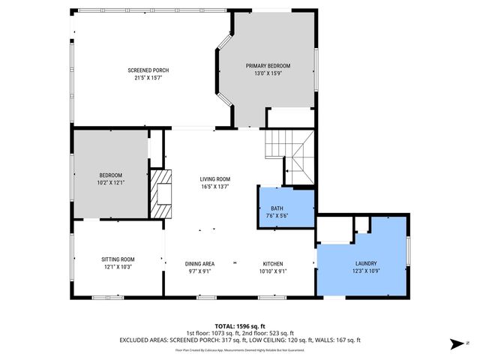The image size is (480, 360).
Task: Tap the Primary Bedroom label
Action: tap(268, 66)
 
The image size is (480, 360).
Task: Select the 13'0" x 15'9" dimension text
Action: tap(268, 73)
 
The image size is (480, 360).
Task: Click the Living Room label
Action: tap(214, 179)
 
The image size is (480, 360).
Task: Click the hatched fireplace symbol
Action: tap(161, 193)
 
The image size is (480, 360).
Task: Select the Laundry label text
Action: tap(367, 264)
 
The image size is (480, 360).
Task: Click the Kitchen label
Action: tap(272, 264)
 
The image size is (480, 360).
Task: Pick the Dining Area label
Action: tap(199, 264)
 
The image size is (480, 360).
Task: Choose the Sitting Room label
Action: tap(118, 259)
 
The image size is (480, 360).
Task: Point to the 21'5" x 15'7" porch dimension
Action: tap(148, 77)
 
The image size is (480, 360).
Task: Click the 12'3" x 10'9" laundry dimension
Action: tap(367, 271)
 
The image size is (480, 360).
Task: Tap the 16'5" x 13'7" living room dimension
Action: tap(214, 187)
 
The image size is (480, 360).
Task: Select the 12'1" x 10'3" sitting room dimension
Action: tap(118, 267)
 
